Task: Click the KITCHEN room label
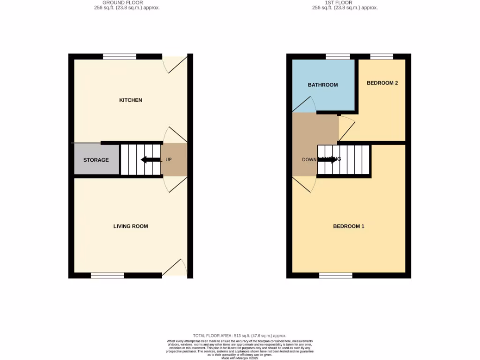click(130, 100)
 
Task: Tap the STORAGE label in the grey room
click(96, 160)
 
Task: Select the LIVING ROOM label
click(130, 226)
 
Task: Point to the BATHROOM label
click(322, 85)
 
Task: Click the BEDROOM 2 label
click(382, 83)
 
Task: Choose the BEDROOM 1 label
click(349, 226)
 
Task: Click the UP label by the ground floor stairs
click(169, 160)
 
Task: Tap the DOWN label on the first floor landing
click(309, 160)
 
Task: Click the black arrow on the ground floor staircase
click(150, 160)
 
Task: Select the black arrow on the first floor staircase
click(328, 159)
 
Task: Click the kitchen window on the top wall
click(120, 56)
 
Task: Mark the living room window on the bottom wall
click(107, 276)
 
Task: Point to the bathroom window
click(337, 56)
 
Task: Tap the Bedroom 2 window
click(382, 56)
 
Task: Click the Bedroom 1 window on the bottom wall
click(336, 276)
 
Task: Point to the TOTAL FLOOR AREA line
click(240, 336)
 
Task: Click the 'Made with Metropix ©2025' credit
click(240, 358)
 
